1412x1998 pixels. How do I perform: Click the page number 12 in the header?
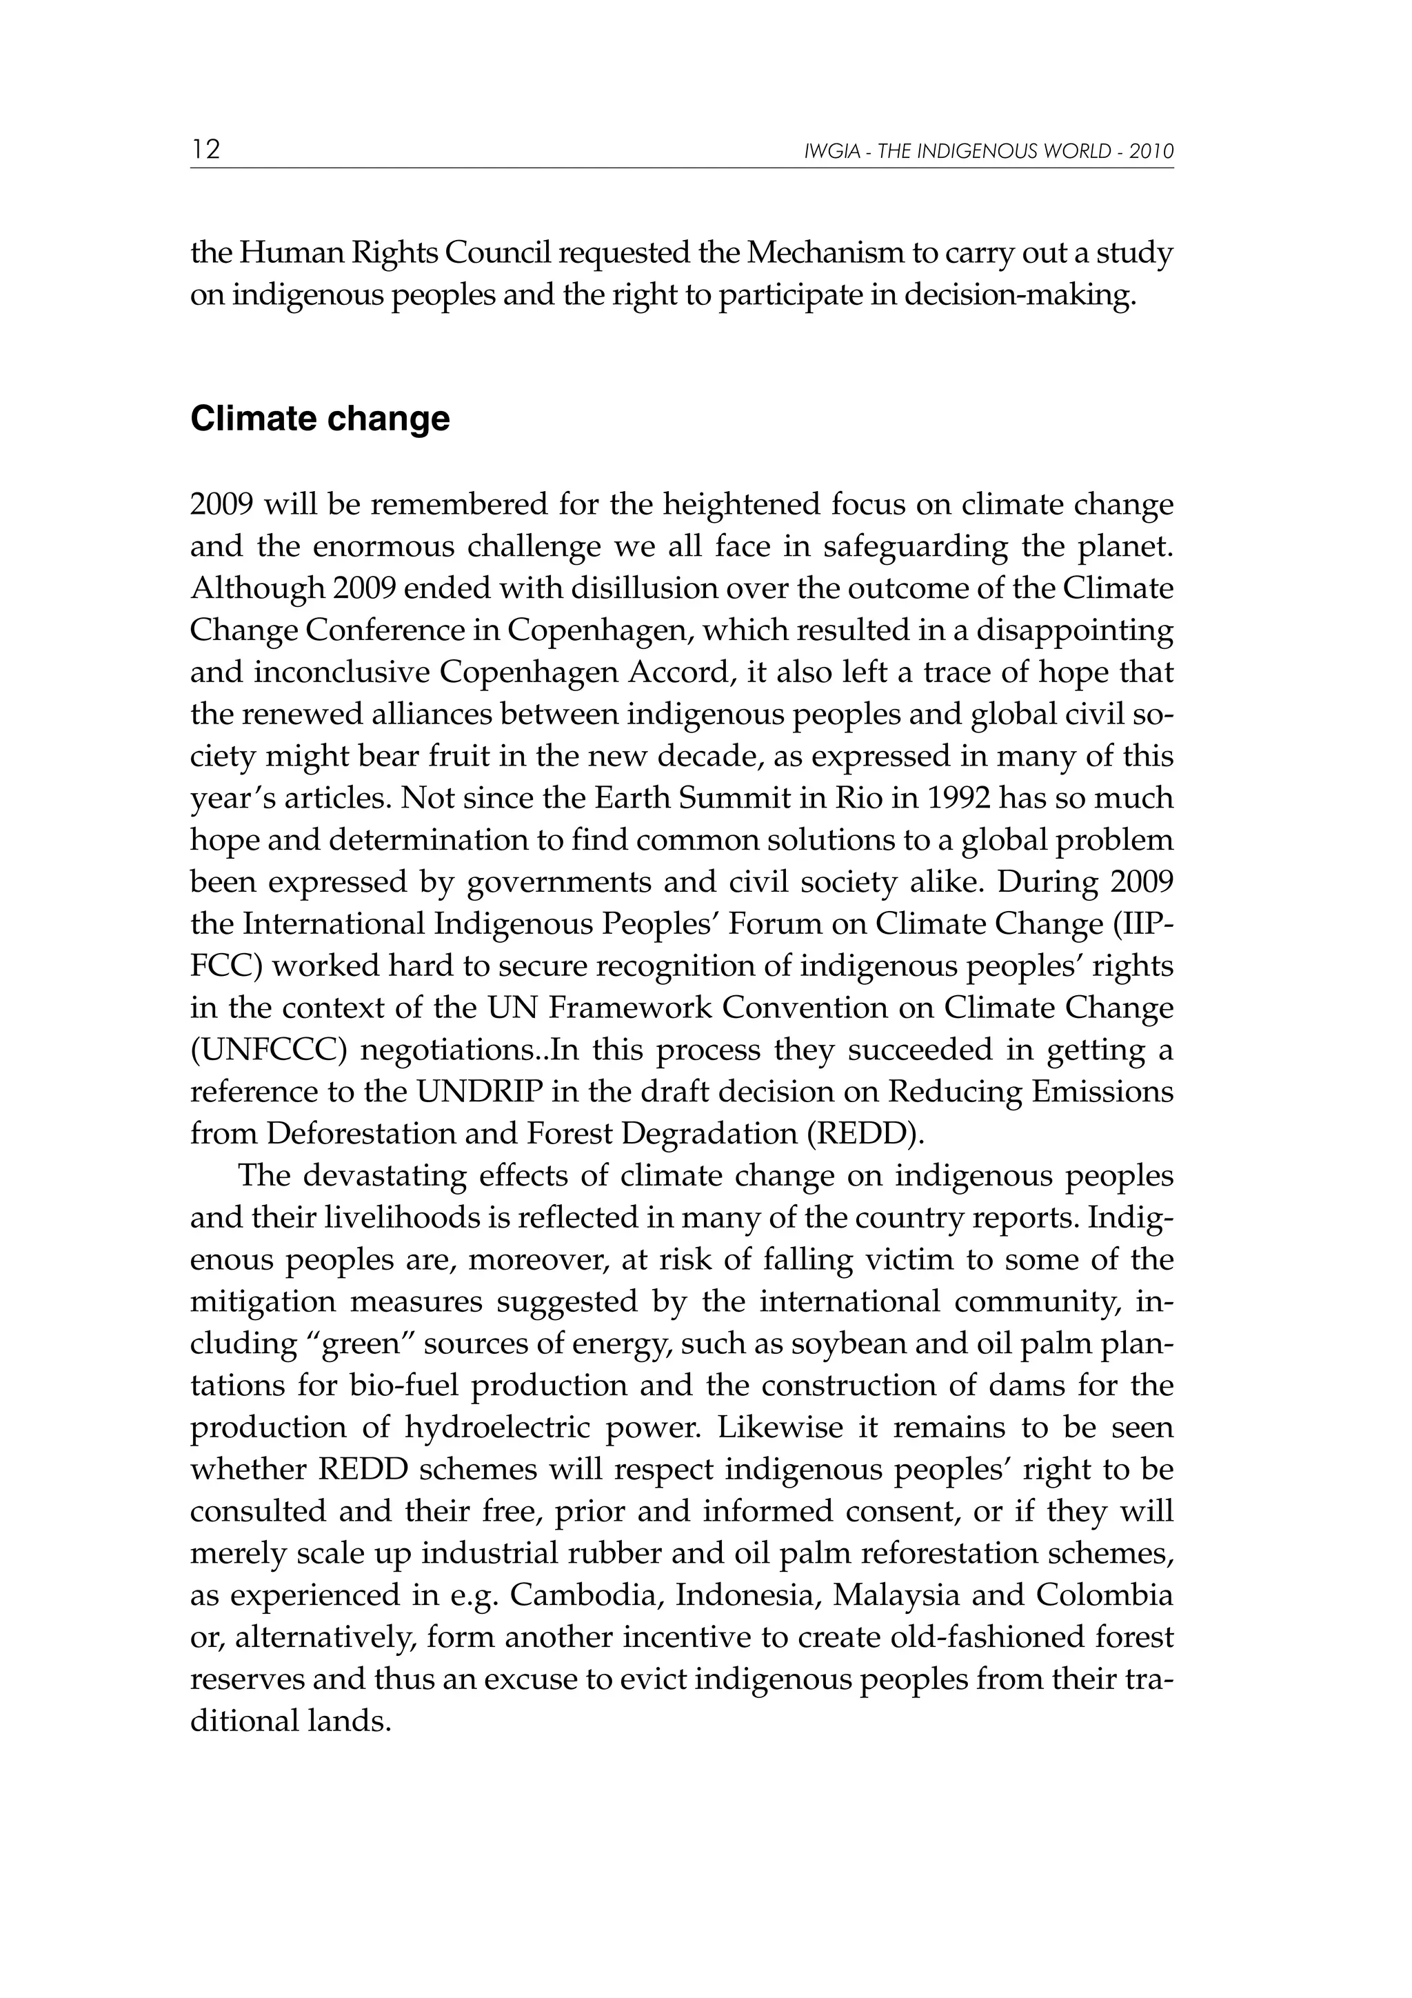coord(205,150)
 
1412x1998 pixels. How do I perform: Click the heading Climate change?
coord(320,419)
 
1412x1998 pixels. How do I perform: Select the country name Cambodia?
coord(585,1596)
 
